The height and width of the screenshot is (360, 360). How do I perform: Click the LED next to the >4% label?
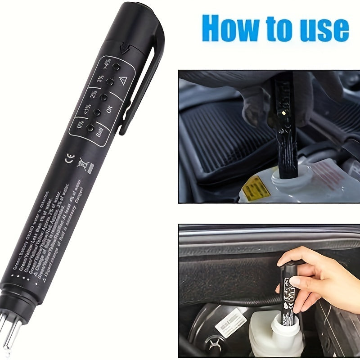[x=116, y=67]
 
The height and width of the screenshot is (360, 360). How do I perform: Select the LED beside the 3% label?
[x=109, y=82]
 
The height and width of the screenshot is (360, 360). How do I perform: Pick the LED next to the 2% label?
[x=103, y=97]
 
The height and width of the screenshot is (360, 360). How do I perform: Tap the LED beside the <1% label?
[x=97, y=112]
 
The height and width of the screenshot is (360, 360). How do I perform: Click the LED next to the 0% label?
[x=90, y=128]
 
